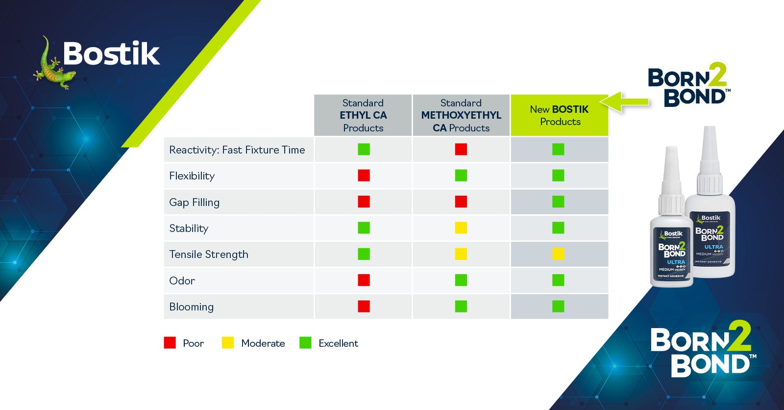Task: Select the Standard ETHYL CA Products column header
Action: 363,115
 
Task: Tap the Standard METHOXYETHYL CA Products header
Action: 461,115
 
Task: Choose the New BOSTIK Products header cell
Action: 559,115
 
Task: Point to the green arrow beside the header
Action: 625,102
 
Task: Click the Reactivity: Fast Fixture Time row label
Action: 237,150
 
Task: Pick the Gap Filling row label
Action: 194,202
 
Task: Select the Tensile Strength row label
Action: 209,255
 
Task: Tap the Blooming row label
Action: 191,307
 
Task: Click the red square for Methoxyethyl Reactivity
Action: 461,149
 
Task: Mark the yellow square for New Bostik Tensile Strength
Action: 558,254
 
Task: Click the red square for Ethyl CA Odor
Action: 364,280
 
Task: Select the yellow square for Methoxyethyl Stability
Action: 461,228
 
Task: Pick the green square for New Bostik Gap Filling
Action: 558,202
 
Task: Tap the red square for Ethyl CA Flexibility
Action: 364,175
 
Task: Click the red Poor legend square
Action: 170,343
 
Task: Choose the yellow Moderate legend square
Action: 228,343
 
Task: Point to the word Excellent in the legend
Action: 338,343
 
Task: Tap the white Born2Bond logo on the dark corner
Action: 703,349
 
